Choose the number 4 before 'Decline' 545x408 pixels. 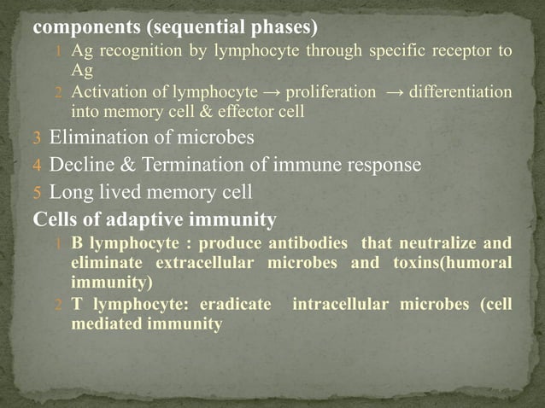point(37,165)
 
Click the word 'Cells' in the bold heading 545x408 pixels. point(56,220)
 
